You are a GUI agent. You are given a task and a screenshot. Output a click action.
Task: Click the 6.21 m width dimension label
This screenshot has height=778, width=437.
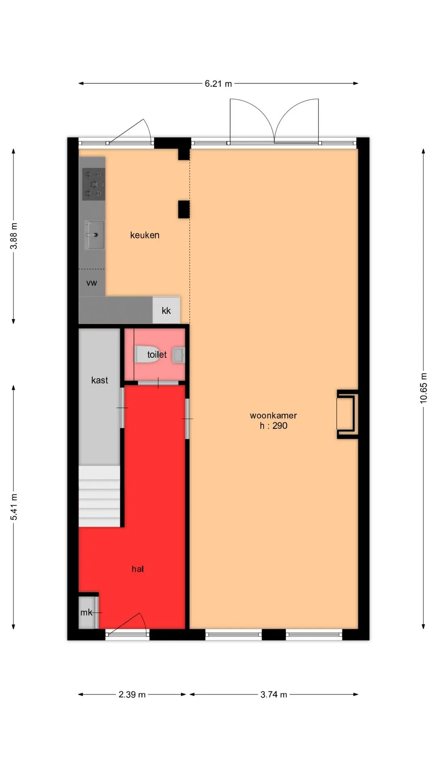click(x=218, y=84)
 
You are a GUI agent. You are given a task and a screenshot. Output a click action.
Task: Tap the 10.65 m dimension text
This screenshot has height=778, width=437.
click(x=423, y=388)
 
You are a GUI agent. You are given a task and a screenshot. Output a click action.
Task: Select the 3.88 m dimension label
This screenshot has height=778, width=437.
click(x=14, y=236)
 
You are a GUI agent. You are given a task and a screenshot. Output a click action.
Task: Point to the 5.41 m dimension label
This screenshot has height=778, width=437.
click(x=14, y=507)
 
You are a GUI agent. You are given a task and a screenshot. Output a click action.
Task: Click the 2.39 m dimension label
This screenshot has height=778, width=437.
click(x=132, y=695)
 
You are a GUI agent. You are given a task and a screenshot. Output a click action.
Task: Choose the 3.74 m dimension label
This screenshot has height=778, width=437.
click(x=274, y=695)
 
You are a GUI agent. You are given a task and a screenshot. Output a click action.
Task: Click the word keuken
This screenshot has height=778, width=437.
click(x=144, y=235)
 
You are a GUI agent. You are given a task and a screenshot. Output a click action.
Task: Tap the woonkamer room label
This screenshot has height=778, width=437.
click(x=273, y=415)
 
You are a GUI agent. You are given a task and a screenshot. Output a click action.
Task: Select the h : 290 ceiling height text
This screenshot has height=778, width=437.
click(x=274, y=425)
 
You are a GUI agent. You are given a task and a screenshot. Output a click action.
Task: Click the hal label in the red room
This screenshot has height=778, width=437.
click(x=138, y=569)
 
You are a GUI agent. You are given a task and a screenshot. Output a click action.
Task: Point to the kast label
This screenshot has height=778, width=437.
click(x=100, y=380)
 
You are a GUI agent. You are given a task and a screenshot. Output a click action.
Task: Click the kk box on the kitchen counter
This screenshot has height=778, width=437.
click(x=166, y=310)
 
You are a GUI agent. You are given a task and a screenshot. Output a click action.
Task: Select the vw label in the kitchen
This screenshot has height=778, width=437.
click(x=91, y=283)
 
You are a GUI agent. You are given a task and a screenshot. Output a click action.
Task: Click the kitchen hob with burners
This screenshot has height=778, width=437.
click(x=94, y=184)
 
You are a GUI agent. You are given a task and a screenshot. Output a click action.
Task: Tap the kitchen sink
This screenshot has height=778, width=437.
click(x=94, y=235)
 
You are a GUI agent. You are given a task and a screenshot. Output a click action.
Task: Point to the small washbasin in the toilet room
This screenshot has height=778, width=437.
click(x=178, y=355)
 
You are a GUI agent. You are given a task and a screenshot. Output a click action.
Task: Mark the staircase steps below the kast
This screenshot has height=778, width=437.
click(x=99, y=496)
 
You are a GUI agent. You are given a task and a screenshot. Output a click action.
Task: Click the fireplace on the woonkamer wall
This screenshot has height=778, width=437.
click(x=347, y=414)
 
